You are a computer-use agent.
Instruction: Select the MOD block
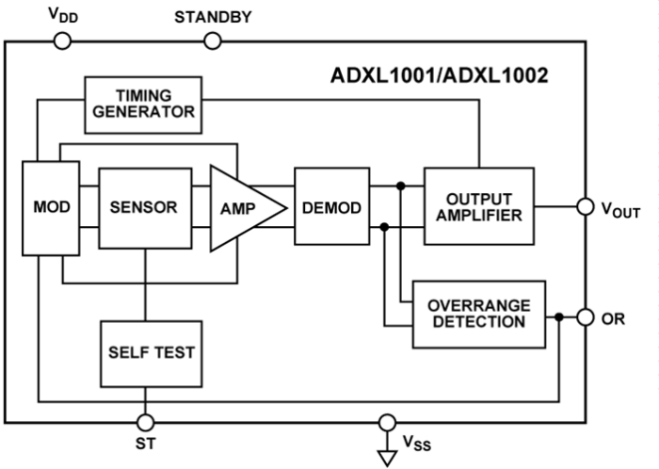coord(50,207)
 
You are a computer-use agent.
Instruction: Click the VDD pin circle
coord(62,40)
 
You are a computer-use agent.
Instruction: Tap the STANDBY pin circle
coord(214,40)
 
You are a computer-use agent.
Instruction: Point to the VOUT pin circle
coord(584,206)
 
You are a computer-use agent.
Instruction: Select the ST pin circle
coord(146,421)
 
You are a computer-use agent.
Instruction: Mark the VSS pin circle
coord(386,421)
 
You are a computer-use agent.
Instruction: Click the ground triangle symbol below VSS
coord(386,458)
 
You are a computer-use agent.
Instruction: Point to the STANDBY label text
coord(213,16)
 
